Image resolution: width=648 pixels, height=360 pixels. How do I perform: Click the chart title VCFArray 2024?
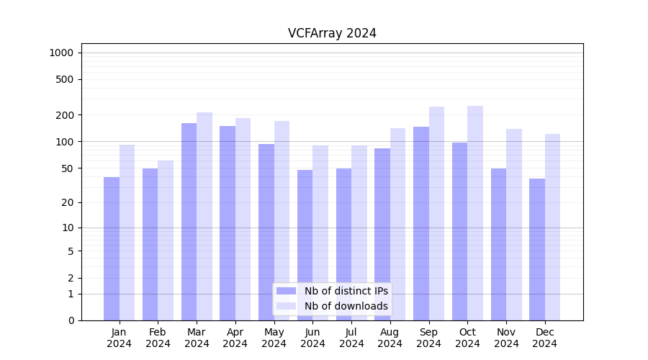click(x=332, y=33)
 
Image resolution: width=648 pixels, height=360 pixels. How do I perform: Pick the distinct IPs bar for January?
click(x=112, y=248)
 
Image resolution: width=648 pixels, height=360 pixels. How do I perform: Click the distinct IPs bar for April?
click(x=228, y=223)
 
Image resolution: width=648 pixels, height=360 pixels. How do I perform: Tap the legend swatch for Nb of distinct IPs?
click(x=286, y=291)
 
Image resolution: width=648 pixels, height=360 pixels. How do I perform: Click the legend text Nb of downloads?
click(x=346, y=306)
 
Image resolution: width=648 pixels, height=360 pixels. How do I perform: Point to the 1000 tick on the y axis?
click(x=61, y=53)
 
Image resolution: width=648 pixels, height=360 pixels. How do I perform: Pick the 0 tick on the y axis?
click(x=71, y=320)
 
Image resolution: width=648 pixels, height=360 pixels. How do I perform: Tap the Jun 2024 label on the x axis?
click(x=312, y=338)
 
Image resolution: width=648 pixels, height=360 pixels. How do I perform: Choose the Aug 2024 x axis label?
click(x=390, y=338)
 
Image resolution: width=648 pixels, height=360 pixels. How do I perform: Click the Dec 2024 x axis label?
click(x=545, y=338)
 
